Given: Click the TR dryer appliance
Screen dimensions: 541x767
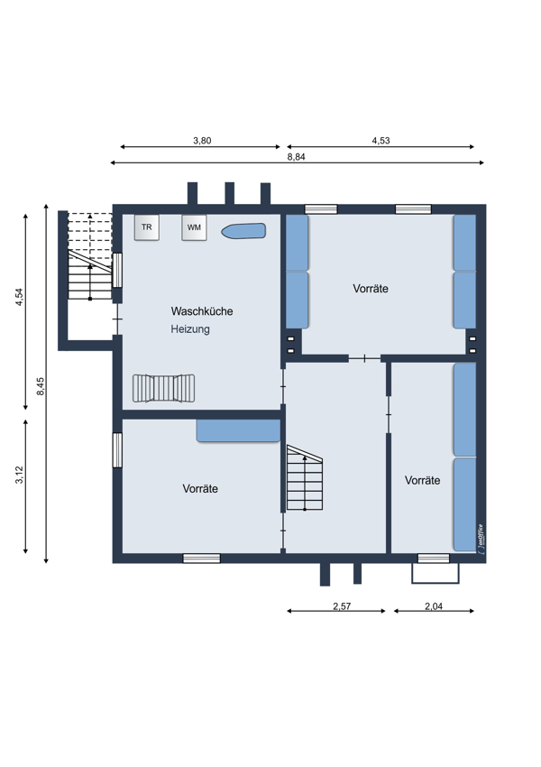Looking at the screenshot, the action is click(x=147, y=227).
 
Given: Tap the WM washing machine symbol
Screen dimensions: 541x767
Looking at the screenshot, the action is click(x=194, y=227).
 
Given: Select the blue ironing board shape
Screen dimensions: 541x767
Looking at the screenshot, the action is click(x=243, y=231).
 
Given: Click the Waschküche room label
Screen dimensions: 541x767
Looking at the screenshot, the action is click(x=202, y=311).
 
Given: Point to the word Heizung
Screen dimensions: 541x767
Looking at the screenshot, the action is click(x=190, y=329).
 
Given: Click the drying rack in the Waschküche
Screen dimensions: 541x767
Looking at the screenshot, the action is click(x=164, y=388).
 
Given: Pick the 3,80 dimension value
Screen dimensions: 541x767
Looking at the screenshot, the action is click(x=202, y=141).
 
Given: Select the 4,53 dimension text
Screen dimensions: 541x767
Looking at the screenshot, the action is click(x=381, y=141).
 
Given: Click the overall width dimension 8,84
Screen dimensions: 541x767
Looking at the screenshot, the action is click(x=296, y=157).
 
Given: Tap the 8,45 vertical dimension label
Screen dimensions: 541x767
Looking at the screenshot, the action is click(x=41, y=386).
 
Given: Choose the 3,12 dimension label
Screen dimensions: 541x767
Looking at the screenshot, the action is click(x=20, y=475).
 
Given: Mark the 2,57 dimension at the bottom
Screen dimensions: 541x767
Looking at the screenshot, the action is click(x=342, y=606).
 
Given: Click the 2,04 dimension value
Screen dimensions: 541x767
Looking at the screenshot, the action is click(x=434, y=606).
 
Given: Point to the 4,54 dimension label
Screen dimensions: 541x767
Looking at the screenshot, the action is click(x=20, y=297).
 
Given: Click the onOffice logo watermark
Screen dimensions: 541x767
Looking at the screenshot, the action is click(x=481, y=539).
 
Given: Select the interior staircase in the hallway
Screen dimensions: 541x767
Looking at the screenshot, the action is click(x=305, y=477).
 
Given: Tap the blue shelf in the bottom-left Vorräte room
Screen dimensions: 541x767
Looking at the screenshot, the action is click(x=238, y=431).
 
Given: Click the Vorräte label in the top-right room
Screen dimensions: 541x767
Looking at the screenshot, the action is click(x=371, y=289).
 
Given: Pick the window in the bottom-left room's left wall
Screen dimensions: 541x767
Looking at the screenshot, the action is click(x=117, y=450).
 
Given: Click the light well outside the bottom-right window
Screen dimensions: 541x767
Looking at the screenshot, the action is click(x=436, y=573).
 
